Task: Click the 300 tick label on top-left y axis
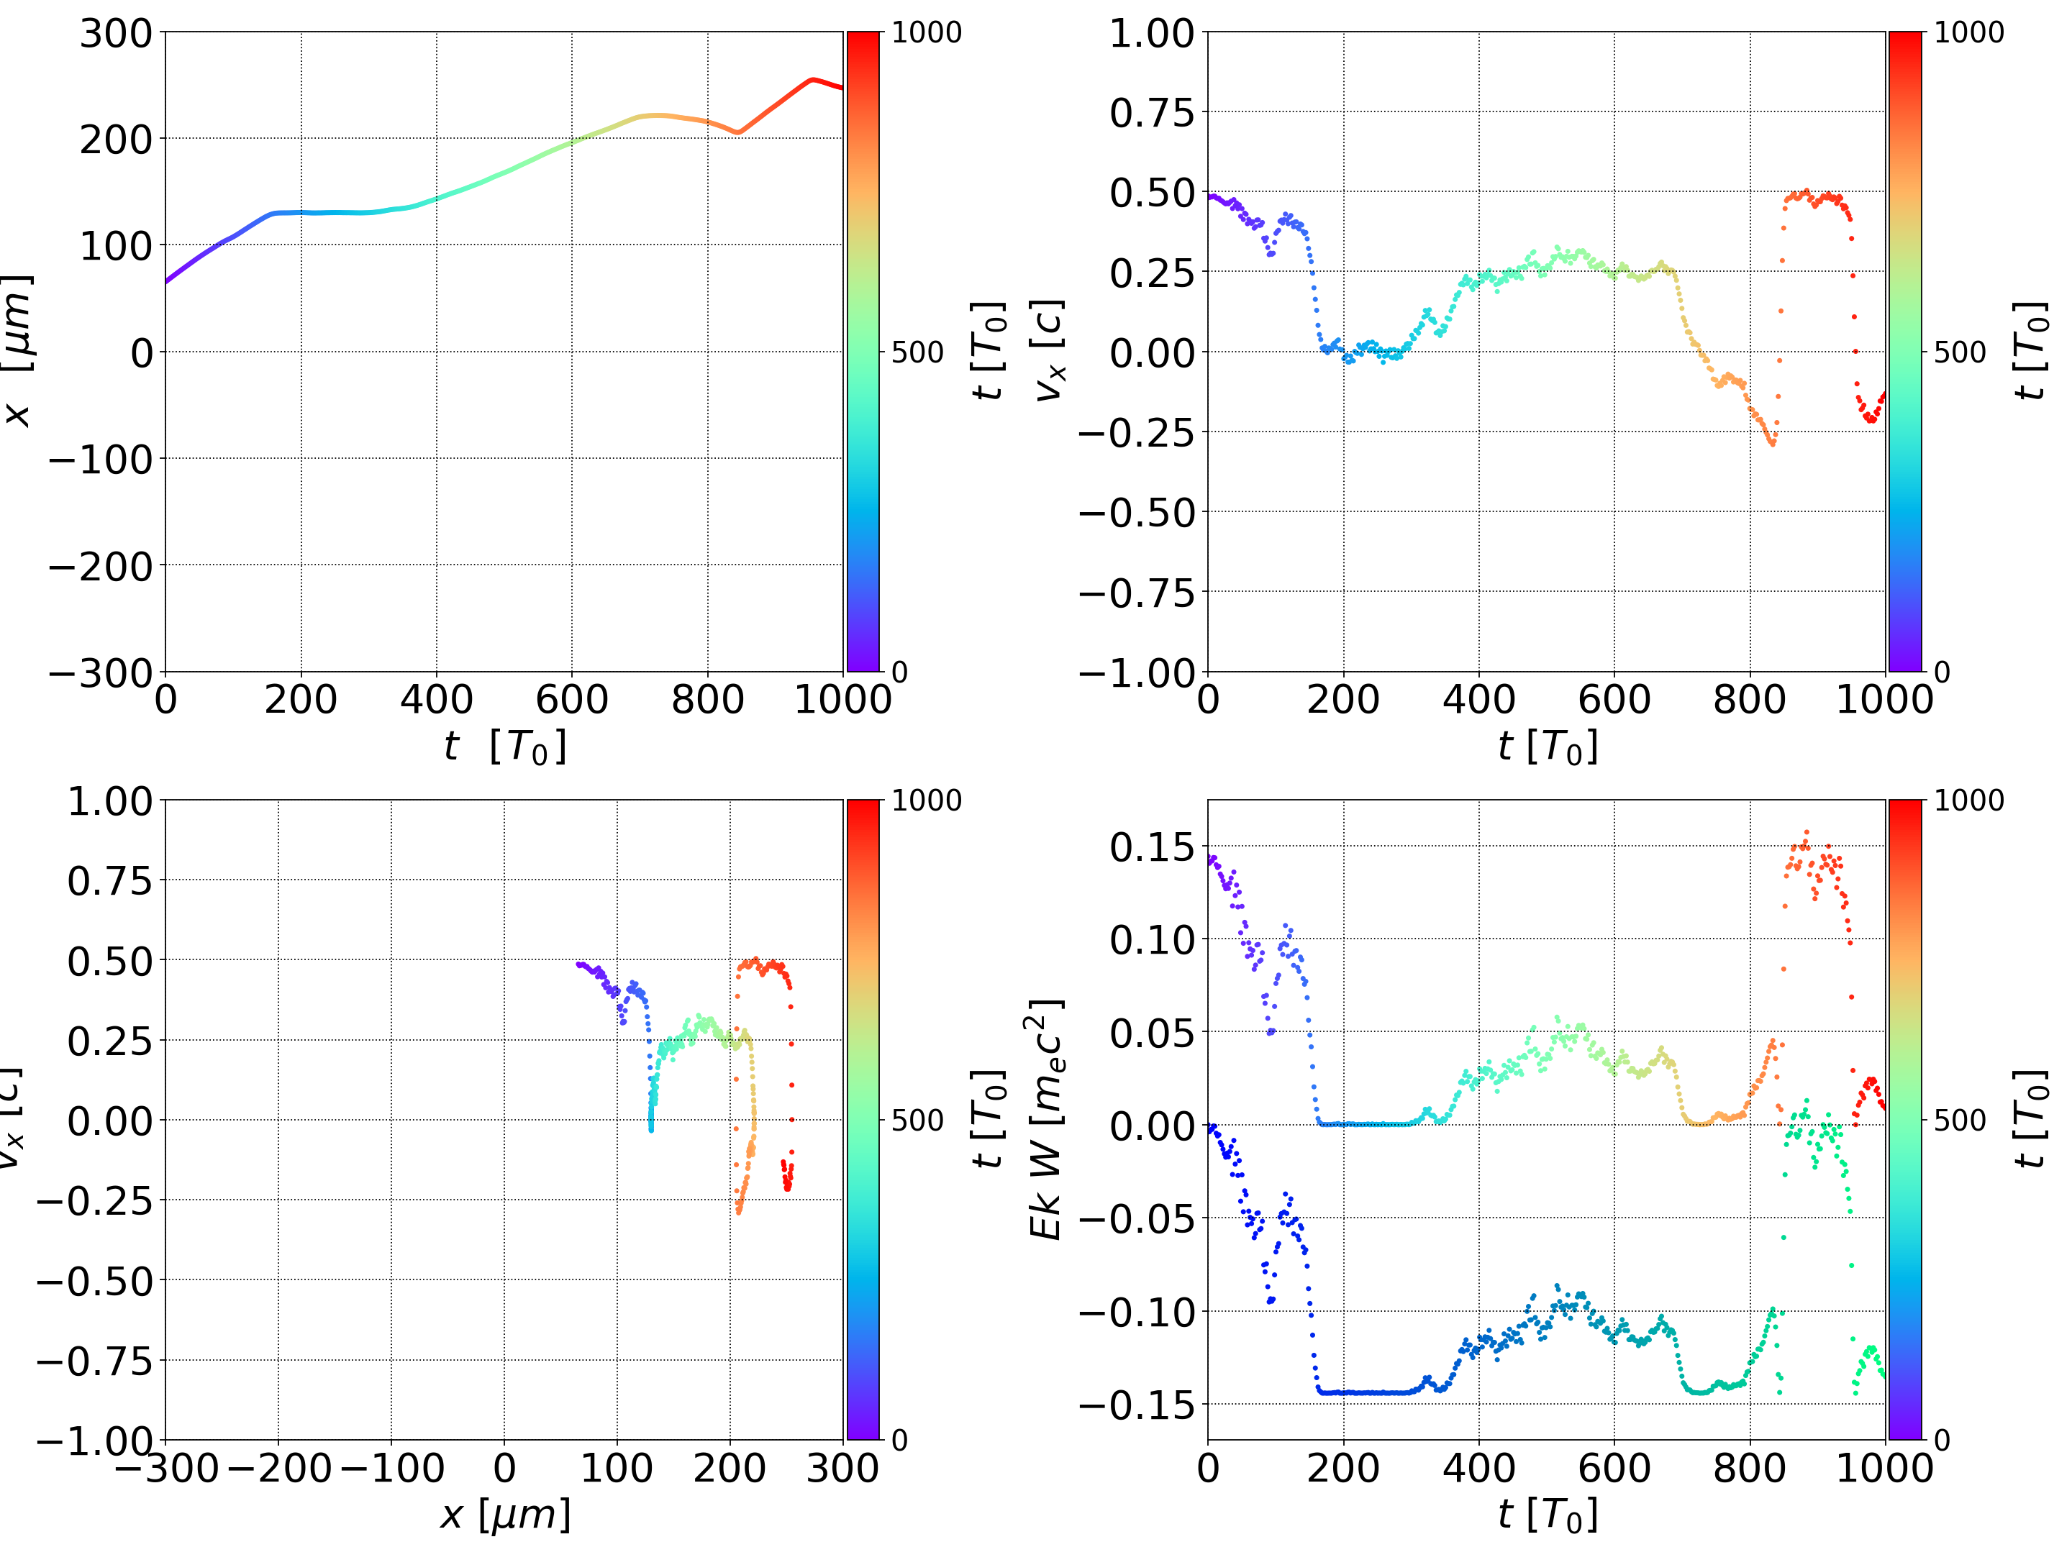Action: click(x=115, y=34)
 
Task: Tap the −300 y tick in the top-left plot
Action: click(x=101, y=673)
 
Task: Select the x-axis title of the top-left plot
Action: click(x=505, y=747)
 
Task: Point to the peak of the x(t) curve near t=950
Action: click(x=812, y=80)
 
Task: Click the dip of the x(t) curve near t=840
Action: click(x=737, y=133)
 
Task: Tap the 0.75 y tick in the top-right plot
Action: click(x=1152, y=114)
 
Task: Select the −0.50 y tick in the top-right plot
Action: click(x=1137, y=514)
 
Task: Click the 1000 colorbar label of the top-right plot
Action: click(x=1969, y=33)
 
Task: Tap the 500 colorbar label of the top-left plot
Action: click(x=917, y=353)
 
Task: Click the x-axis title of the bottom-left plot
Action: click(x=505, y=1515)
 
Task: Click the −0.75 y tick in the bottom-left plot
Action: click(x=95, y=1361)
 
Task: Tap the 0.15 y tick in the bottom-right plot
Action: click(x=1152, y=848)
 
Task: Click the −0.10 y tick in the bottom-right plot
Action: click(x=1137, y=1312)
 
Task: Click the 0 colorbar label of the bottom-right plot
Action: click(x=1942, y=1440)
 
